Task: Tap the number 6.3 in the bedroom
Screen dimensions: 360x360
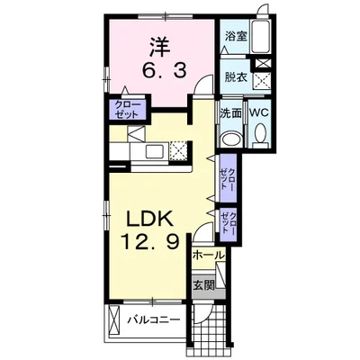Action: pyautogui.click(x=164, y=71)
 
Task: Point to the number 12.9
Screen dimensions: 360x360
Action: pyautogui.click(x=150, y=242)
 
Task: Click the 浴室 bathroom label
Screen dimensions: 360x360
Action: pyautogui.click(x=236, y=36)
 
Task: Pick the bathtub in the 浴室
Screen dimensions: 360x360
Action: pyautogui.click(x=261, y=37)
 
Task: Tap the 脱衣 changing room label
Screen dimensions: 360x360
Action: pyautogui.click(x=236, y=77)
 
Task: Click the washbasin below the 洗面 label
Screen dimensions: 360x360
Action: pyautogui.click(x=231, y=139)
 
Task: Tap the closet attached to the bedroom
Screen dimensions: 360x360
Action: pyautogui.click(x=128, y=110)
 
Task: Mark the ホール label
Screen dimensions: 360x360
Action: pyautogui.click(x=209, y=256)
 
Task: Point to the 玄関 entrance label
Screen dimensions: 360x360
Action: pyautogui.click(x=203, y=285)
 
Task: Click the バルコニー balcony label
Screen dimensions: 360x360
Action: pyautogui.click(x=154, y=320)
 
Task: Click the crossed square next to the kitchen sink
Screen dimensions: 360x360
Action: pyautogui.click(x=178, y=150)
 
